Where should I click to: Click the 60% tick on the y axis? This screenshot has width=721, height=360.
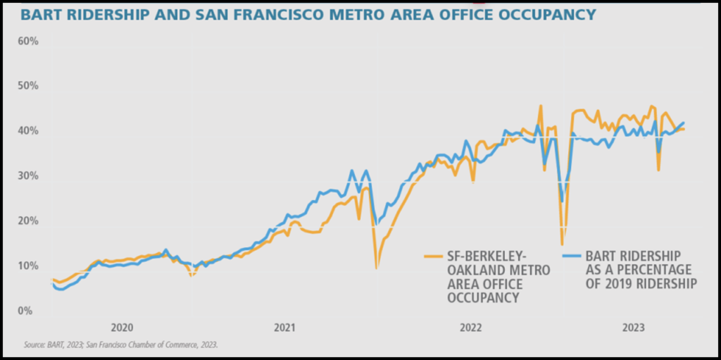click(28, 42)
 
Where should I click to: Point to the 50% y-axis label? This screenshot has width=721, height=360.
click(28, 86)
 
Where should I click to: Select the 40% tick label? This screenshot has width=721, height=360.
click(28, 131)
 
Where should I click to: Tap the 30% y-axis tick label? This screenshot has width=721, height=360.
click(28, 176)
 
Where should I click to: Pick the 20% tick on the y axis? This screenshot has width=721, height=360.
click(28, 221)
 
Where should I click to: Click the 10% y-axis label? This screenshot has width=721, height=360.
click(28, 266)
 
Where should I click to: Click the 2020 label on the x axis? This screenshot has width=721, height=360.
click(123, 328)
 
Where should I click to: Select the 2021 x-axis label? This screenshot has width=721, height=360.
click(284, 328)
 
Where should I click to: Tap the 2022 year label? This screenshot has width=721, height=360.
click(470, 328)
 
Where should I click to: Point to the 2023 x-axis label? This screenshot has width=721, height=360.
click(634, 328)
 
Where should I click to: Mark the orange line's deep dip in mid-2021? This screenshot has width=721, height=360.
click(377, 268)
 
